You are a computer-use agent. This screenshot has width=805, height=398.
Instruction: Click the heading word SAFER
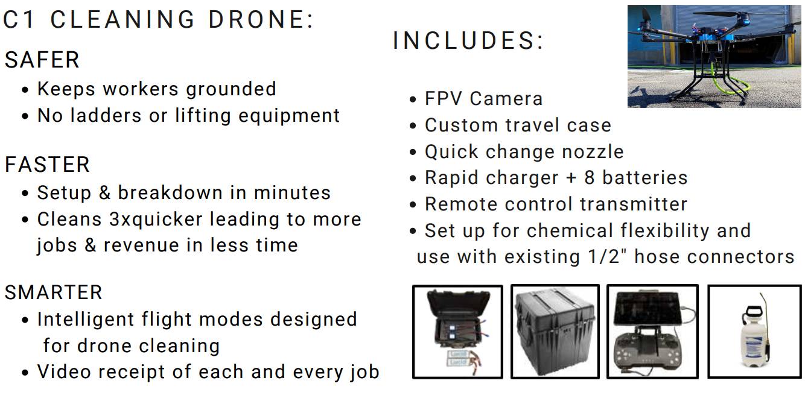click(x=42, y=60)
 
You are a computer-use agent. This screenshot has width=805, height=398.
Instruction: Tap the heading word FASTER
click(x=47, y=165)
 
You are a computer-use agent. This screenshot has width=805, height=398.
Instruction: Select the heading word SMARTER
click(x=54, y=292)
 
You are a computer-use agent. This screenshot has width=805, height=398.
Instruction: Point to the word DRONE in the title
click(x=257, y=19)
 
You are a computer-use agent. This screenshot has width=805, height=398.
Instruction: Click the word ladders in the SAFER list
click(x=106, y=115)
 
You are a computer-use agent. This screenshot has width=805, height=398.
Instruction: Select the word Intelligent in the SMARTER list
click(x=86, y=320)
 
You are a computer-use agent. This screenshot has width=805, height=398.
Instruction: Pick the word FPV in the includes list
click(x=444, y=98)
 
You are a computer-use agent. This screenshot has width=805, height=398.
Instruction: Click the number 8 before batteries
click(x=590, y=177)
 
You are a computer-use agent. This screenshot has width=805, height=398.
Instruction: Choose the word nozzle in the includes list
click(x=593, y=151)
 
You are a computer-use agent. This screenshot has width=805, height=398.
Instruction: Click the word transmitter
click(x=634, y=204)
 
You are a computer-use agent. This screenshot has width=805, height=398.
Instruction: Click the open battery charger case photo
click(x=457, y=332)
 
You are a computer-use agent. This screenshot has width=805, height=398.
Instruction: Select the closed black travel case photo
click(x=555, y=331)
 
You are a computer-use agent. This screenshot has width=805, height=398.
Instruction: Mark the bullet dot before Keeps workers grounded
click(x=25, y=90)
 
